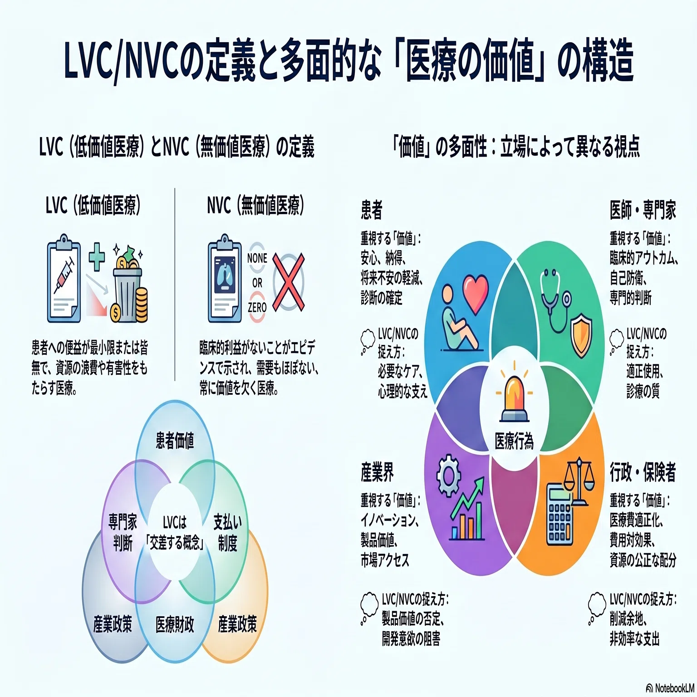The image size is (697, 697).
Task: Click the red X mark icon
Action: [289, 282]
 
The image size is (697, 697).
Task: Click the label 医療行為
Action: [514, 441]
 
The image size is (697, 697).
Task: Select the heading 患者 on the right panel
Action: [372, 210]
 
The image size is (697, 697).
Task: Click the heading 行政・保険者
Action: [643, 472]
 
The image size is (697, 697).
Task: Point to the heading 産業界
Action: [377, 472]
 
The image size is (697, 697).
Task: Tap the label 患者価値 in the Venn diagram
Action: [175, 440]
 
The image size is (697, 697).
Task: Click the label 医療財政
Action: [175, 625]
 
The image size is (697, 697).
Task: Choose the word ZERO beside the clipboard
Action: [257, 308]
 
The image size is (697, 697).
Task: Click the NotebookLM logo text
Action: [671, 688]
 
